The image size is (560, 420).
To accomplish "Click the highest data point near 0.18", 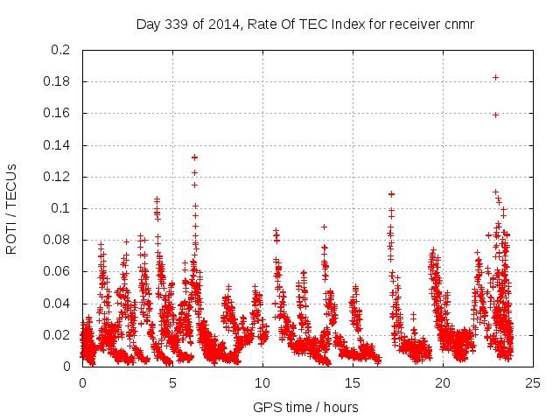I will (x=495, y=77).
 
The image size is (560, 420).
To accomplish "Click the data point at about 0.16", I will (x=495, y=115).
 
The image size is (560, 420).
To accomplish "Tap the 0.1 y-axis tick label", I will (x=60, y=208).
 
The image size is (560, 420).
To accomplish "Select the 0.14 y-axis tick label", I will (x=57, y=145).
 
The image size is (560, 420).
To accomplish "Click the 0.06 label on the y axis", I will (x=57, y=271).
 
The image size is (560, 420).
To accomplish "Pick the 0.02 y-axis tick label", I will (x=57, y=335).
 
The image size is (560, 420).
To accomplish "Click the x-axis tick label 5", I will (x=173, y=382).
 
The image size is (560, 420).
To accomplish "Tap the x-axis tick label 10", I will (x=262, y=382).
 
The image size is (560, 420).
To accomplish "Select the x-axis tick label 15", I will (x=353, y=382).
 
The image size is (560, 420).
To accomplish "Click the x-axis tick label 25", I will (x=533, y=382).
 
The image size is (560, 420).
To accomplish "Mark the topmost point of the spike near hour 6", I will (x=194, y=157).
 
